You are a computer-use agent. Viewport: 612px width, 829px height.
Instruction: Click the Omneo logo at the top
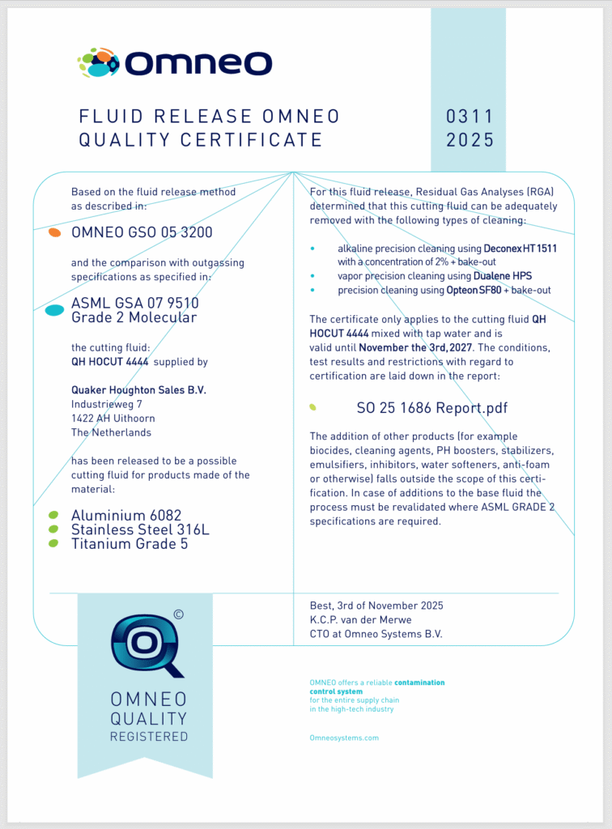(x=175, y=62)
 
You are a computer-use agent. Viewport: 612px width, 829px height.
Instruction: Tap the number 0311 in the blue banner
(x=470, y=117)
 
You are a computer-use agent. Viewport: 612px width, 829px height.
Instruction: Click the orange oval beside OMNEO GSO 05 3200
(x=54, y=232)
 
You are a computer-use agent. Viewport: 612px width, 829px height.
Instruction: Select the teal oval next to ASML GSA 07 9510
(x=54, y=310)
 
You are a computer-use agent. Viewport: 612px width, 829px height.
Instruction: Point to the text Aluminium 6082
(x=126, y=515)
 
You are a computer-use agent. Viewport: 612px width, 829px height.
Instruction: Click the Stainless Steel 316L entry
(x=140, y=529)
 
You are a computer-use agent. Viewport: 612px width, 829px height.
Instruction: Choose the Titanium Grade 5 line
(x=130, y=544)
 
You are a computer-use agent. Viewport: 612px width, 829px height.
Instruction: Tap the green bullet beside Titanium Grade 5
(x=53, y=543)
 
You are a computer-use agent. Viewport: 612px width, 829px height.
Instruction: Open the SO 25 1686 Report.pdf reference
(x=431, y=408)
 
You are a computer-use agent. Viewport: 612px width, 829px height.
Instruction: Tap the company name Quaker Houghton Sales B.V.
(x=138, y=390)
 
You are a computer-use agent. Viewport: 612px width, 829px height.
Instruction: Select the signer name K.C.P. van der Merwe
(x=360, y=620)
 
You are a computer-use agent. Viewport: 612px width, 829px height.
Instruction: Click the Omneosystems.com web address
(x=344, y=738)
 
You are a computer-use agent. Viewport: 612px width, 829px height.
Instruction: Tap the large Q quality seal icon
(x=147, y=644)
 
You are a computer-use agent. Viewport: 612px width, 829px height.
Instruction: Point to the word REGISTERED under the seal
(x=149, y=737)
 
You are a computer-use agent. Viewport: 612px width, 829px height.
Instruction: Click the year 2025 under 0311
(x=470, y=140)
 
